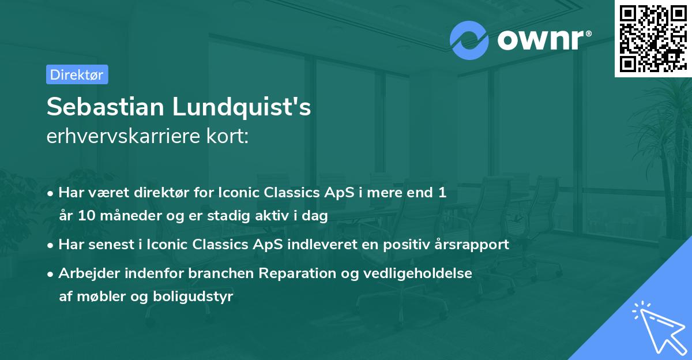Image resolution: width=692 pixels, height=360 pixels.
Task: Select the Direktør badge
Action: tap(77, 74)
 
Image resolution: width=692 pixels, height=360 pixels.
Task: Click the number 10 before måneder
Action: tap(81, 216)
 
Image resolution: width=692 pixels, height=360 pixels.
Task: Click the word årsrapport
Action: tap(471, 245)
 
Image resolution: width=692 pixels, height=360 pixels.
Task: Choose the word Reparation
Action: tap(296, 273)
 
